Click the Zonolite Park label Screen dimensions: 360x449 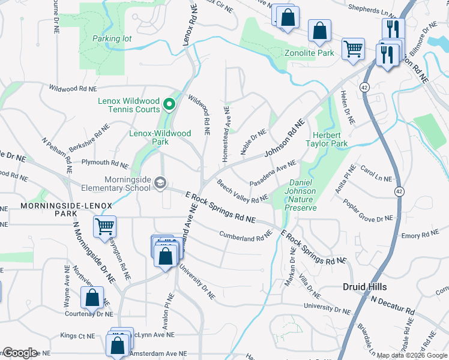[309, 53]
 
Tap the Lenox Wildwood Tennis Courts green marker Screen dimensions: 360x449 [170, 105]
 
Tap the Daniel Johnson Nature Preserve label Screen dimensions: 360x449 [303, 195]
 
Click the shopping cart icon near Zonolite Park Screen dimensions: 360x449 [353, 49]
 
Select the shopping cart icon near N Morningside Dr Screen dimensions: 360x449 [104, 227]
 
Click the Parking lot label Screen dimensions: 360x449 [112, 38]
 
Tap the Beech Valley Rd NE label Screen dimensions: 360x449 [243, 191]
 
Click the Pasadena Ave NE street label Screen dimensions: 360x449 [273, 173]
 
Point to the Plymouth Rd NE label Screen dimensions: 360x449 [105, 163]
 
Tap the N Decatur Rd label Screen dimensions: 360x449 [393, 305]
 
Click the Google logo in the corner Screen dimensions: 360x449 [20, 352]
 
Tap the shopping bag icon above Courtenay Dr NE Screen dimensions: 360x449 [92, 298]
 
